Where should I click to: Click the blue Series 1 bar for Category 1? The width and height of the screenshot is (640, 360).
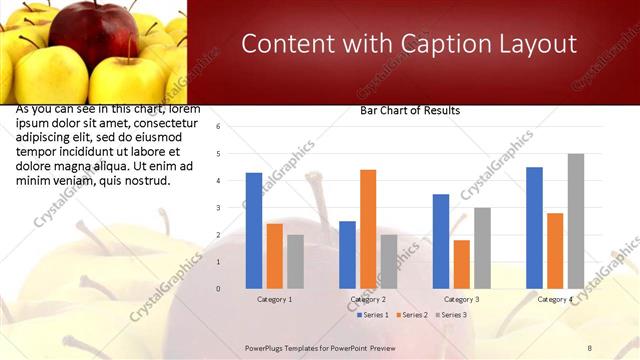tap(254, 230)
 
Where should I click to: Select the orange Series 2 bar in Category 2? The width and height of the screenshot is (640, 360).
tap(368, 229)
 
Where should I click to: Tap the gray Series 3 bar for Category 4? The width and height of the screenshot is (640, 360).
tap(576, 221)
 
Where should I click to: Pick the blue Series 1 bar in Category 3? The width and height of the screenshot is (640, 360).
tap(441, 241)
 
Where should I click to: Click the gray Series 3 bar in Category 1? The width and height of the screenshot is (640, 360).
tap(295, 261)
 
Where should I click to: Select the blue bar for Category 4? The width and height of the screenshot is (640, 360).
tap(534, 227)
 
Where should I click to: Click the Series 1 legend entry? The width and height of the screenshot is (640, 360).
tap(374, 315)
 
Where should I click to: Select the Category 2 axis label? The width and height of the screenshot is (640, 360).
tap(368, 299)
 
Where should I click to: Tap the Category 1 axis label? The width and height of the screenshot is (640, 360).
tap(275, 299)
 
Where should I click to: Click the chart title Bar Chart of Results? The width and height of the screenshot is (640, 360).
tap(410, 111)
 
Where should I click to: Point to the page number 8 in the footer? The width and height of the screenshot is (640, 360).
tap(589, 348)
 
